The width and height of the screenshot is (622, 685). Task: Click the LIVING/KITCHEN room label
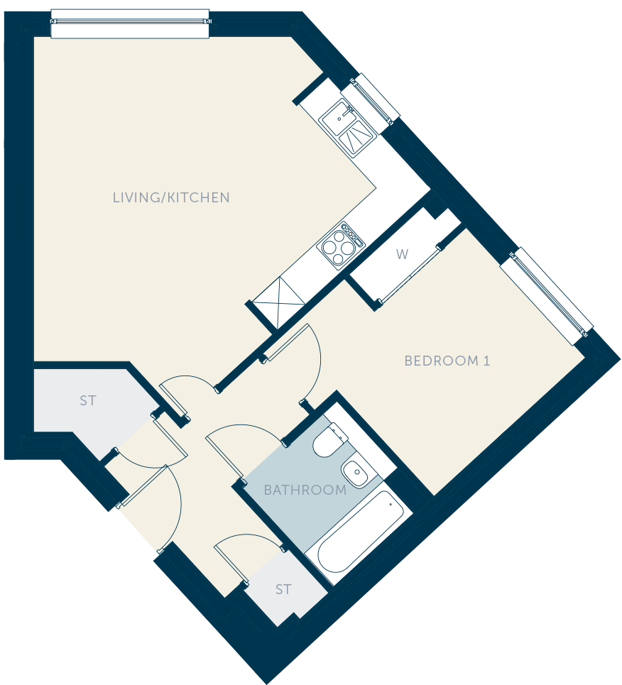(171, 197)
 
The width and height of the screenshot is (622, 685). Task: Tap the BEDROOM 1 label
(447, 361)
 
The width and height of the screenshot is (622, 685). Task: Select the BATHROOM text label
(305, 491)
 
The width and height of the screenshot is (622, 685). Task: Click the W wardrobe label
(402, 254)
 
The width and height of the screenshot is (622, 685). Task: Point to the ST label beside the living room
(88, 400)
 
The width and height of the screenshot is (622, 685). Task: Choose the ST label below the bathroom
(283, 590)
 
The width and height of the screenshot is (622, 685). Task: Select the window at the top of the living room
(130, 23)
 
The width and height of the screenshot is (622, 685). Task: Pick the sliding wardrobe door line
(409, 274)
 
